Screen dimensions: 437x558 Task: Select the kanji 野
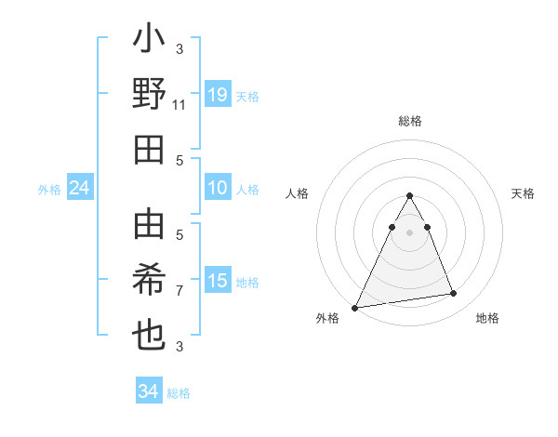tap(149, 95)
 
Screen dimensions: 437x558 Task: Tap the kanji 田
tap(149, 149)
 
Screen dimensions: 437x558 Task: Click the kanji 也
tap(149, 334)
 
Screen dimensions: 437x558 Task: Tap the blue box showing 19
tap(218, 94)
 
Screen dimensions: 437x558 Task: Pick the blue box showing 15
tap(218, 281)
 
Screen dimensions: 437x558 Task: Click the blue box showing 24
tap(80, 189)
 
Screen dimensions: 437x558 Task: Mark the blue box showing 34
tap(149, 391)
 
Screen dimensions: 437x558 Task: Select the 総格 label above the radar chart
tap(410, 122)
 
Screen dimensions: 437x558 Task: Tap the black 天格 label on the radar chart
tap(523, 193)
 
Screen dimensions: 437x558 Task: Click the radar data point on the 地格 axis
tap(454, 294)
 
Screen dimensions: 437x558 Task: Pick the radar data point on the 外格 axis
tap(354, 307)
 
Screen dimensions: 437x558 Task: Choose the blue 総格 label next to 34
tap(179, 393)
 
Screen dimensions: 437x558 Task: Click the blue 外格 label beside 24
tap(49, 190)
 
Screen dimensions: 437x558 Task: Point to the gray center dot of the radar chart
tap(409, 232)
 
